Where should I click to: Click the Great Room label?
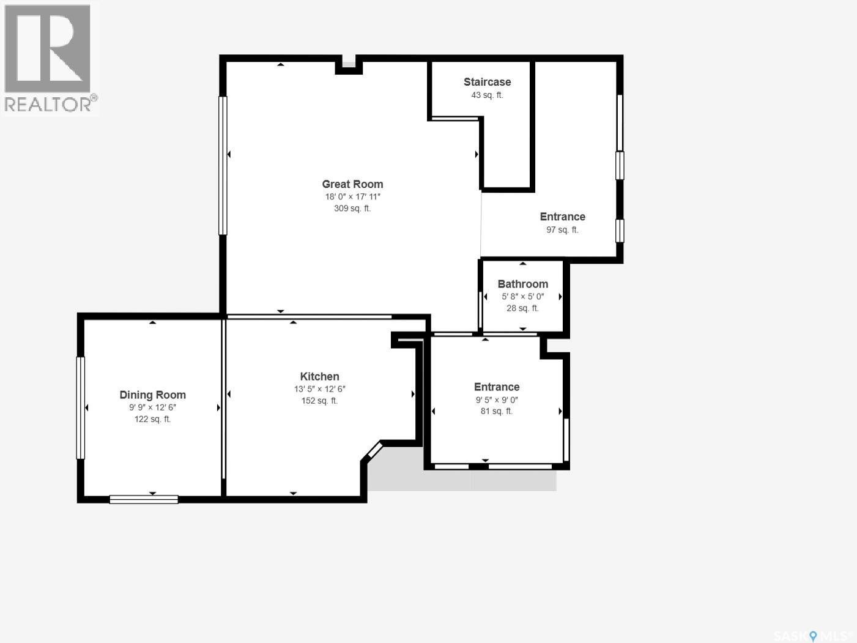(x=352, y=184)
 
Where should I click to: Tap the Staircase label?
(x=488, y=82)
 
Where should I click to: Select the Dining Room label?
(x=153, y=395)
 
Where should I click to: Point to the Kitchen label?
(x=319, y=376)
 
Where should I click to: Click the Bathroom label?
(x=523, y=284)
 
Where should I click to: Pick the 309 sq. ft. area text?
(x=352, y=209)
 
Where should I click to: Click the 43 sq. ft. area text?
(x=488, y=95)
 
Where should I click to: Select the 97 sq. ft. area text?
(x=562, y=229)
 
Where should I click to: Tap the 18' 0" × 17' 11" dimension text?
(x=352, y=196)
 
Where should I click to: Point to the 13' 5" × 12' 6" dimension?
(x=320, y=389)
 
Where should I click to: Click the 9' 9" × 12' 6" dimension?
(x=153, y=407)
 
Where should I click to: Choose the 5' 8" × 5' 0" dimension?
(x=523, y=296)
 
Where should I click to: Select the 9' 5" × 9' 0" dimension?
(x=497, y=400)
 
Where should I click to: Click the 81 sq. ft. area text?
(x=497, y=411)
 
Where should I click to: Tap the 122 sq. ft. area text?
(x=153, y=419)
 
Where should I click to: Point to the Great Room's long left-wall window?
(x=223, y=166)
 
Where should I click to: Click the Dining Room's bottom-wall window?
(x=144, y=499)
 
